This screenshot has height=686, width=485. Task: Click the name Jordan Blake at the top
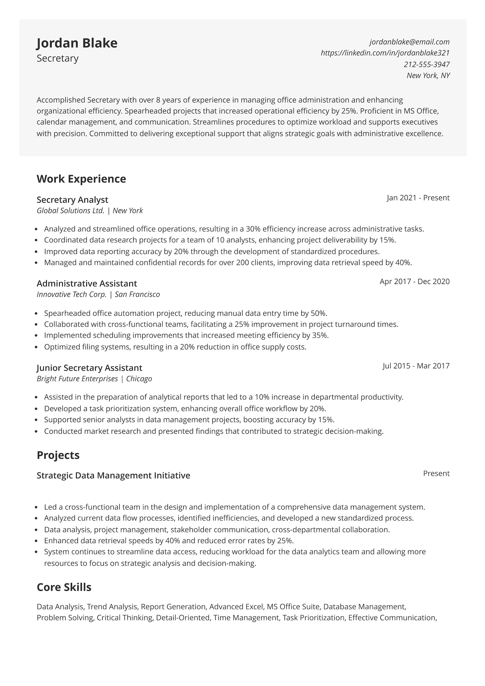tap(77, 43)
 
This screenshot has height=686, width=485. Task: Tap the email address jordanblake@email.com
tap(409, 42)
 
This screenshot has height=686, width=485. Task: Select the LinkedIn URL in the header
tap(385, 53)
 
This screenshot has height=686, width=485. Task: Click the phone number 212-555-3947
tap(426, 64)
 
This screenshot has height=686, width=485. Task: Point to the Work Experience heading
tap(81, 179)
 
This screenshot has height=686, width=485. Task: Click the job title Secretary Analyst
tap(72, 200)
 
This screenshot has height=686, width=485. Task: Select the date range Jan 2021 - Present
tap(418, 198)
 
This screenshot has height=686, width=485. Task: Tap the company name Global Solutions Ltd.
tap(70, 211)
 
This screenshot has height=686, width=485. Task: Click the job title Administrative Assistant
tap(87, 284)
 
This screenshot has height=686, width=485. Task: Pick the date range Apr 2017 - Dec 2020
tap(414, 281)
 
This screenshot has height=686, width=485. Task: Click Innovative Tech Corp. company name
tap(71, 294)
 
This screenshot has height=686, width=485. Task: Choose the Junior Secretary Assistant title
tap(89, 368)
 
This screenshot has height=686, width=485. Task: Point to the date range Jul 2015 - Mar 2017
tap(416, 366)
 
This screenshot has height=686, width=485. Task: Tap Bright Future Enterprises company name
tap(77, 379)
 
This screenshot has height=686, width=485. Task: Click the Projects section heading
tap(58, 455)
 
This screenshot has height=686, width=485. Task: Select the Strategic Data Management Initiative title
tap(113, 475)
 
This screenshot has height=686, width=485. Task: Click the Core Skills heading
tap(64, 587)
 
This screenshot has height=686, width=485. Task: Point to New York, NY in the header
tap(428, 75)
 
